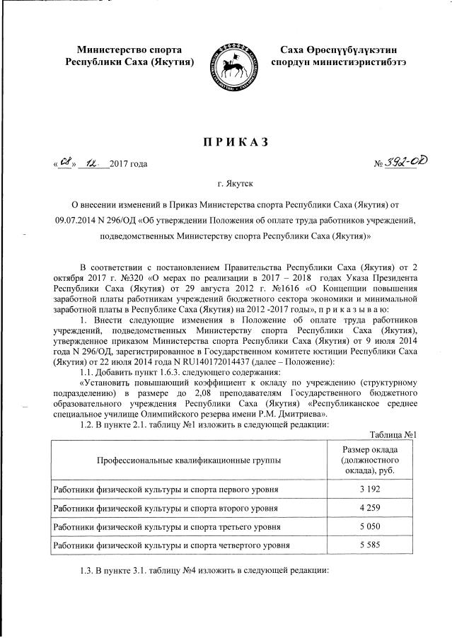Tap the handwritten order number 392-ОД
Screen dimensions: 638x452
pos(401,163)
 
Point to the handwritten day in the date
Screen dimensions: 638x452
pos(66,163)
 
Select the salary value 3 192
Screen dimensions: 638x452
pos(366,489)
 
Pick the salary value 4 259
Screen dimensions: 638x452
pos(366,508)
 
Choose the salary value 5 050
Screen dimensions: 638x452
pos(366,527)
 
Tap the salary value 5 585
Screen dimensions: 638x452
pos(366,546)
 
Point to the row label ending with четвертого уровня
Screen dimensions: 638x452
pos(170,546)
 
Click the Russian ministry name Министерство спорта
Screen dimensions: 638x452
pos(129,50)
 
